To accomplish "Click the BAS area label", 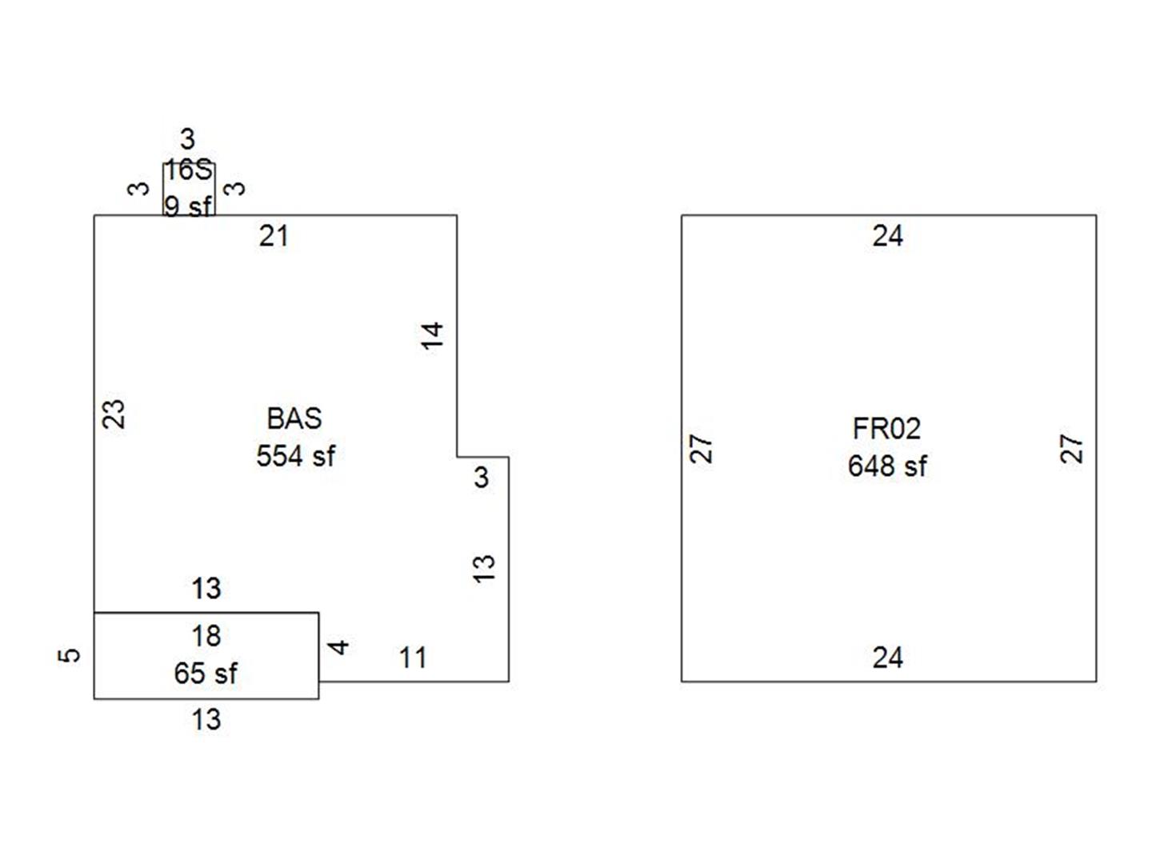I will pos(294,418).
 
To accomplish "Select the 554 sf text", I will pos(295,456).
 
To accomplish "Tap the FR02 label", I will pos(886,429).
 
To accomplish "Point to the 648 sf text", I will pos(887,466).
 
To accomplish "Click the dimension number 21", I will pos(274,236).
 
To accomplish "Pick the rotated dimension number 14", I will pos(432,335).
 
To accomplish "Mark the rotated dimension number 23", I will pos(115,414).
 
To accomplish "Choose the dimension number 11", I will pos(413,658).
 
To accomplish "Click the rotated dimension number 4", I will pos(340,646).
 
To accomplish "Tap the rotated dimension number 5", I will pos(70,654).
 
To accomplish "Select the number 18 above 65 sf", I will pos(206,636).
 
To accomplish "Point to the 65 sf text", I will pos(206,674).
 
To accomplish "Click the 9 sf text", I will pos(188,206).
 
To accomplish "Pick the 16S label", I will pos(189,170).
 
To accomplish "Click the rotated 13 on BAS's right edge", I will pos(484,568).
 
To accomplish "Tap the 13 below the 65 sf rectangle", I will pos(206,719).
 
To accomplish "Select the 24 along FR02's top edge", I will pos(887,236).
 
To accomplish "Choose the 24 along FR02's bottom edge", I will pos(887,658).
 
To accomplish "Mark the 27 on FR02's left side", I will pos(701,448).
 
